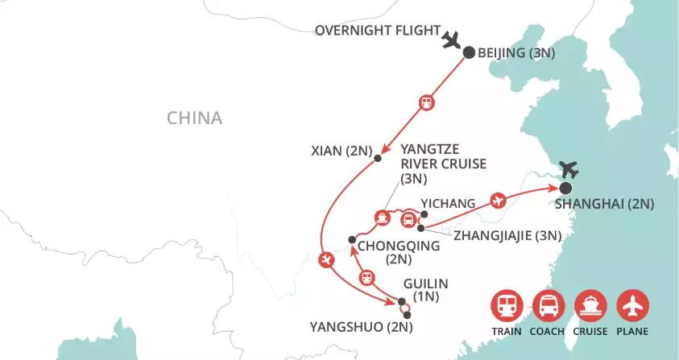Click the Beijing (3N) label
point(516,54)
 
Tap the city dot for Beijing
point(469,52)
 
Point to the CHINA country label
point(194,118)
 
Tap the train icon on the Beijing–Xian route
point(425,102)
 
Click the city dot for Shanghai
point(565,188)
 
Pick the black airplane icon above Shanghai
point(570,170)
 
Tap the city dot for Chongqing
point(351,239)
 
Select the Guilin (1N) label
point(424,290)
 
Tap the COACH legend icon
point(548,306)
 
